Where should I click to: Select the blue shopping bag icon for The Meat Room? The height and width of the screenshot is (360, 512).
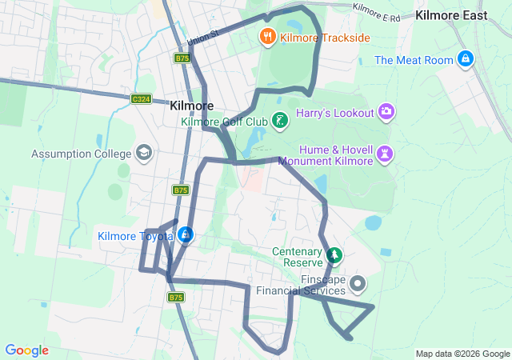tap(465, 59)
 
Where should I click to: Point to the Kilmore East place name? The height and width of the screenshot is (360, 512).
tap(451, 15)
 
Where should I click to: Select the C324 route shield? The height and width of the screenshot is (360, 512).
tap(142, 98)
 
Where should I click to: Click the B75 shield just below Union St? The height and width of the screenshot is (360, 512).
tap(182, 58)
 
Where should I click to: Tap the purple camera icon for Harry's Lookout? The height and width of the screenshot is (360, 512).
tap(387, 113)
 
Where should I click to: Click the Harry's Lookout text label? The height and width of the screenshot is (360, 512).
tap(335, 114)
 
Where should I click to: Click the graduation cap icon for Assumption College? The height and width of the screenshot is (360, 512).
tap(143, 153)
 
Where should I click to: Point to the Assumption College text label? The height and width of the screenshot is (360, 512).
tap(81, 154)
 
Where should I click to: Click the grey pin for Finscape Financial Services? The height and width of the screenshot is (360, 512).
tap(358, 283)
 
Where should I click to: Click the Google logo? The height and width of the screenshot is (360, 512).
tap(26, 350)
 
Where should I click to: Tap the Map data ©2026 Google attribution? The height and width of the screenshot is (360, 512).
tap(462, 354)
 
